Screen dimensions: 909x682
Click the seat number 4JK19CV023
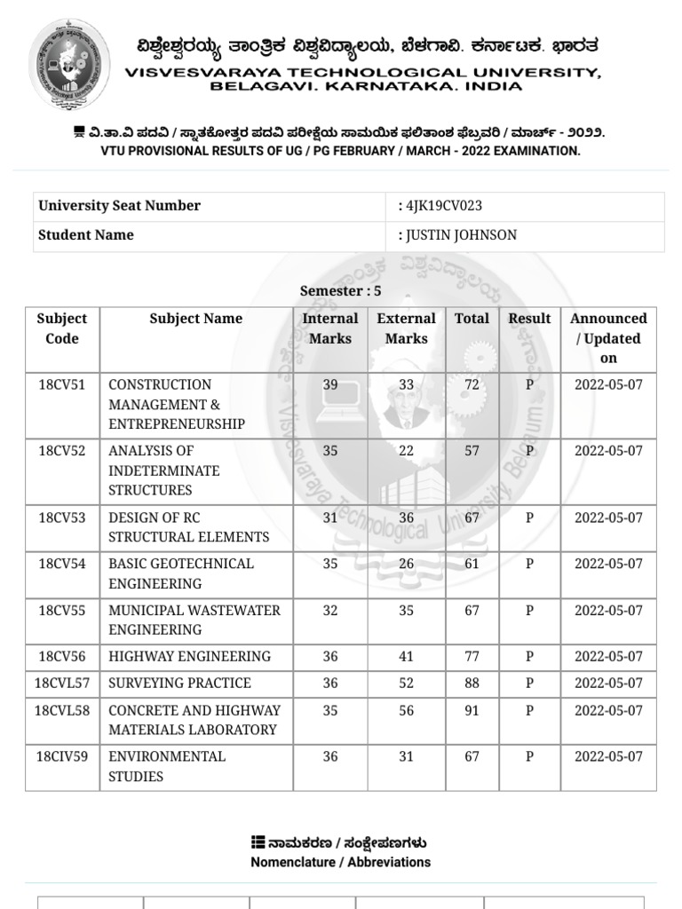pyautogui.click(x=443, y=206)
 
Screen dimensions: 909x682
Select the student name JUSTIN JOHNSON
pyautogui.click(x=461, y=235)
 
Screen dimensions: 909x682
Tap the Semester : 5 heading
pyautogui.click(x=341, y=291)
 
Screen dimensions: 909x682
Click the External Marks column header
pyautogui.click(x=406, y=328)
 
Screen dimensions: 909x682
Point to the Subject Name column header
pyautogui.click(x=195, y=319)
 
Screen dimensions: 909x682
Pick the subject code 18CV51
pyautogui.click(x=62, y=385)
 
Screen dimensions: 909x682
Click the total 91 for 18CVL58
pyautogui.click(x=472, y=710)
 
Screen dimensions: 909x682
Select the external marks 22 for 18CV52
pyautogui.click(x=406, y=451)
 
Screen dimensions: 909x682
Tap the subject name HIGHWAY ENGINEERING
pyautogui.click(x=189, y=657)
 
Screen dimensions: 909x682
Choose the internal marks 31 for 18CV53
pyautogui.click(x=330, y=518)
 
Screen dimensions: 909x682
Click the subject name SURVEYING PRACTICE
pyautogui.click(x=179, y=684)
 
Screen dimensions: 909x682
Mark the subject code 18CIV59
pyautogui.click(x=62, y=757)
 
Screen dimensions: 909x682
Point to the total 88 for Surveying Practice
pyautogui.click(x=472, y=684)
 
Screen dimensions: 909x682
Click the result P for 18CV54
pyautogui.click(x=529, y=564)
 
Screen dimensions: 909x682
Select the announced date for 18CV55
pyautogui.click(x=608, y=611)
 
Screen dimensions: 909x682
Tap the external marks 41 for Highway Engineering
pyautogui.click(x=406, y=657)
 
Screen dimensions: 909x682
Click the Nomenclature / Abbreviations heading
pyautogui.click(x=340, y=862)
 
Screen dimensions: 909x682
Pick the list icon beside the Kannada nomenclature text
pyautogui.click(x=258, y=842)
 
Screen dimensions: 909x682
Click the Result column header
pyautogui.click(x=529, y=319)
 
